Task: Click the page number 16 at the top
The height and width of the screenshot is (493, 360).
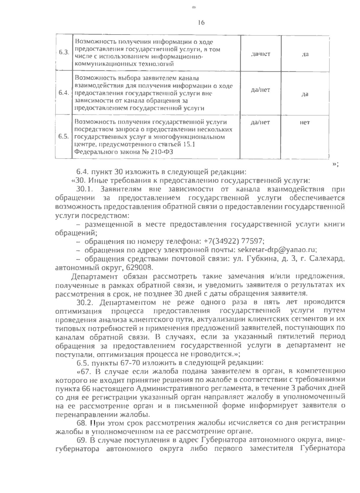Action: click(x=201, y=23)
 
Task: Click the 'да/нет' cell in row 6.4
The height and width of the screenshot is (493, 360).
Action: click(x=260, y=89)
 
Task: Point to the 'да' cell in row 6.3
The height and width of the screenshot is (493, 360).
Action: click(x=305, y=55)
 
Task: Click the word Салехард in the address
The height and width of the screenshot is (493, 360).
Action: click(x=328, y=258)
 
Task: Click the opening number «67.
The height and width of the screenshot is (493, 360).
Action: click(x=84, y=371)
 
